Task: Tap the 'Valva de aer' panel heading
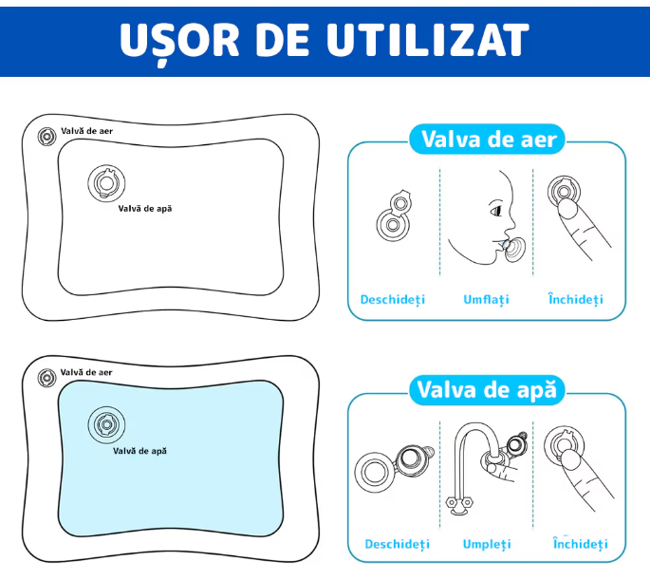(487, 140)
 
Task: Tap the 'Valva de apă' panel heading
(487, 390)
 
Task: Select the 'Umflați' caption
(486, 299)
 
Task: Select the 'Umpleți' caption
(487, 544)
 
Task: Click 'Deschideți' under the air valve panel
(393, 299)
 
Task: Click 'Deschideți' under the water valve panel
(397, 544)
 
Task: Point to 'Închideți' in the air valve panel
(575, 299)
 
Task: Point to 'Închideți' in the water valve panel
(580, 544)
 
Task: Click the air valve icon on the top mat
(46, 137)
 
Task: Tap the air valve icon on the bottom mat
(46, 377)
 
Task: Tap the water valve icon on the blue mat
(105, 424)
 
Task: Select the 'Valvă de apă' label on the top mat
(145, 207)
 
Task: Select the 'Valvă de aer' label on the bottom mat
(86, 373)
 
